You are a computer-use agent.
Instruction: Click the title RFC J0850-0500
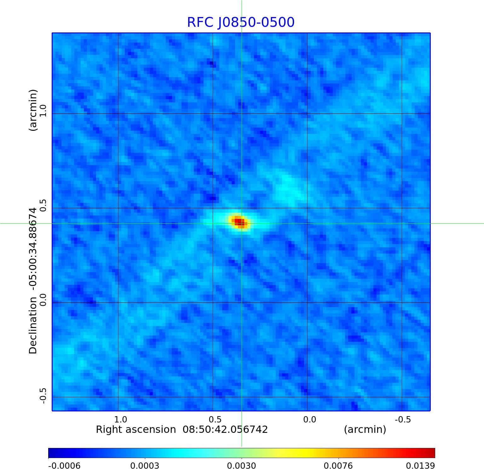241,22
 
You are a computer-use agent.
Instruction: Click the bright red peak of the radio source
239,221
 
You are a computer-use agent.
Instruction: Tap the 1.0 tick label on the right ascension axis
121,419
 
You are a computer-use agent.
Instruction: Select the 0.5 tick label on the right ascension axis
215,419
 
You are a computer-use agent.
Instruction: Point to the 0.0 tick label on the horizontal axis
309,419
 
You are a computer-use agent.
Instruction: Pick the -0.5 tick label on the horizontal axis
403,419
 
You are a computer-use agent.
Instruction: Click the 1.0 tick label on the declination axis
43,110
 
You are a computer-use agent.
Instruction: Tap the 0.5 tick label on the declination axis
43,205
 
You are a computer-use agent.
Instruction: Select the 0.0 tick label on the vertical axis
43,300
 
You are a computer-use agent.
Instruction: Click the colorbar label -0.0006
64,466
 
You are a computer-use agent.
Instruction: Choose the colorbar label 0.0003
145,466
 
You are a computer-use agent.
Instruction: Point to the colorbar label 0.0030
241,466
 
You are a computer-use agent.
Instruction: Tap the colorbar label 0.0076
338,466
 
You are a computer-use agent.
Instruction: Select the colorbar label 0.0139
420,466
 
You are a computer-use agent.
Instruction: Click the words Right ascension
136,429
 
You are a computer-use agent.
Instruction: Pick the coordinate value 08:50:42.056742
225,429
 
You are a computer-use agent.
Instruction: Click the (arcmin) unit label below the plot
365,429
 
